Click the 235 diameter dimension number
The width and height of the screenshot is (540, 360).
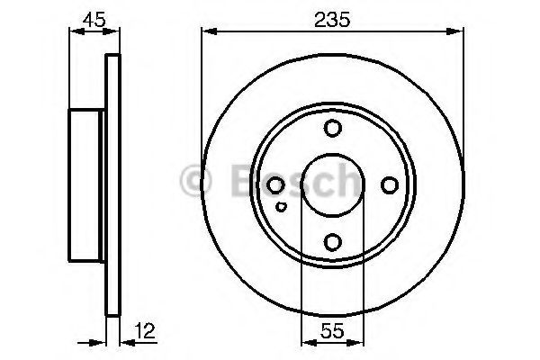[x=332, y=20]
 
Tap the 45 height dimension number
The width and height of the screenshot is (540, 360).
[x=94, y=19]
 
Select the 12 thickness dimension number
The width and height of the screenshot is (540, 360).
[x=145, y=330]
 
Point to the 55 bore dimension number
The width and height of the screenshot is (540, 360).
[x=332, y=331]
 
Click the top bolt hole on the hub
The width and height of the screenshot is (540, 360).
[x=333, y=128]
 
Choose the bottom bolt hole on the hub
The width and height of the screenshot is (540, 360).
[x=333, y=242]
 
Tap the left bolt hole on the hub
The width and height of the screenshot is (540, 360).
[x=275, y=185]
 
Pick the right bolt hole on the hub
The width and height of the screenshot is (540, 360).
[x=390, y=185]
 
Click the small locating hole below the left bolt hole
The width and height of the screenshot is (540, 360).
[x=282, y=207]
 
